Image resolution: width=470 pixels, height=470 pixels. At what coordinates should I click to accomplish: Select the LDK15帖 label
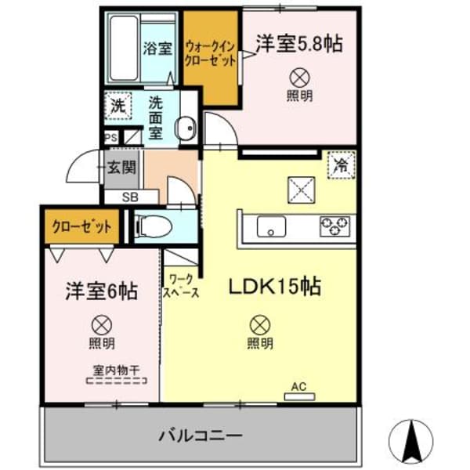[273, 287]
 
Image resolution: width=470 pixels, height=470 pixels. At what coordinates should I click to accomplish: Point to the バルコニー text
[201, 434]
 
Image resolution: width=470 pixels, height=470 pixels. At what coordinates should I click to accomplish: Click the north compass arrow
[410, 440]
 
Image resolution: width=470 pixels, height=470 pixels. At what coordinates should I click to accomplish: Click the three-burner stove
[335, 227]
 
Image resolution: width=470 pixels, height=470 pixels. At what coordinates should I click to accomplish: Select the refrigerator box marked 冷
[341, 165]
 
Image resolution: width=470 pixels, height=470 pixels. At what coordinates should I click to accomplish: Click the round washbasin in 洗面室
[186, 129]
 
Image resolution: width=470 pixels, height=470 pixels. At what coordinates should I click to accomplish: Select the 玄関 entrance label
[121, 168]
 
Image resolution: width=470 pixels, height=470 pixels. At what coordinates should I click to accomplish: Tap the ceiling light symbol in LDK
[259, 322]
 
